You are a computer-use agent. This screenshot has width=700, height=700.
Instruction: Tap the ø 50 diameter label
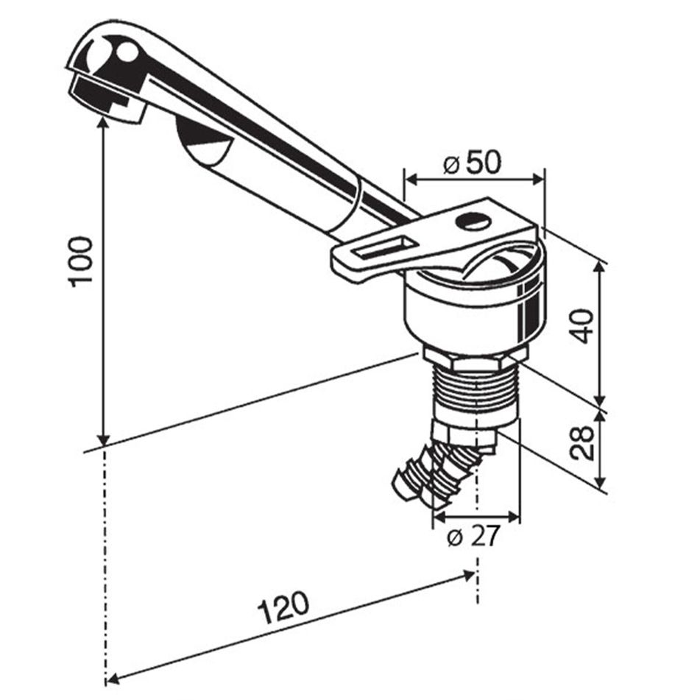[x=472, y=162]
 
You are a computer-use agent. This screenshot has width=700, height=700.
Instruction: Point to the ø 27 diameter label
[x=473, y=538]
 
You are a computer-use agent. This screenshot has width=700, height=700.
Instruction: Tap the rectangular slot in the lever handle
[x=383, y=248]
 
